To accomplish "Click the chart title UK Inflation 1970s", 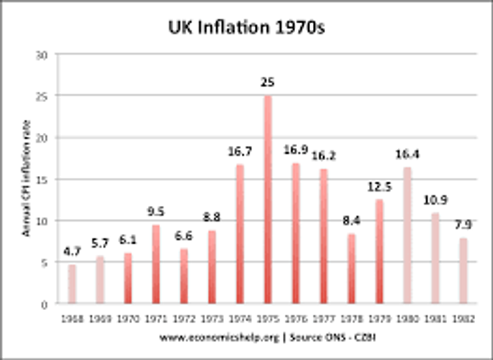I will click(246, 29).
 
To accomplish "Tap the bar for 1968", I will click(72, 284).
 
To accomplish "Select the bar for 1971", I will click(155, 264).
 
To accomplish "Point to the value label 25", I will click(268, 83).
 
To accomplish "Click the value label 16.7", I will click(240, 152).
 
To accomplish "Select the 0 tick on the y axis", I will click(45, 304).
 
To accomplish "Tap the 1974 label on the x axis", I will click(240, 319).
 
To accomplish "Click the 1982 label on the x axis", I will click(464, 319).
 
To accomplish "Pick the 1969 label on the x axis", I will click(100, 319).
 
